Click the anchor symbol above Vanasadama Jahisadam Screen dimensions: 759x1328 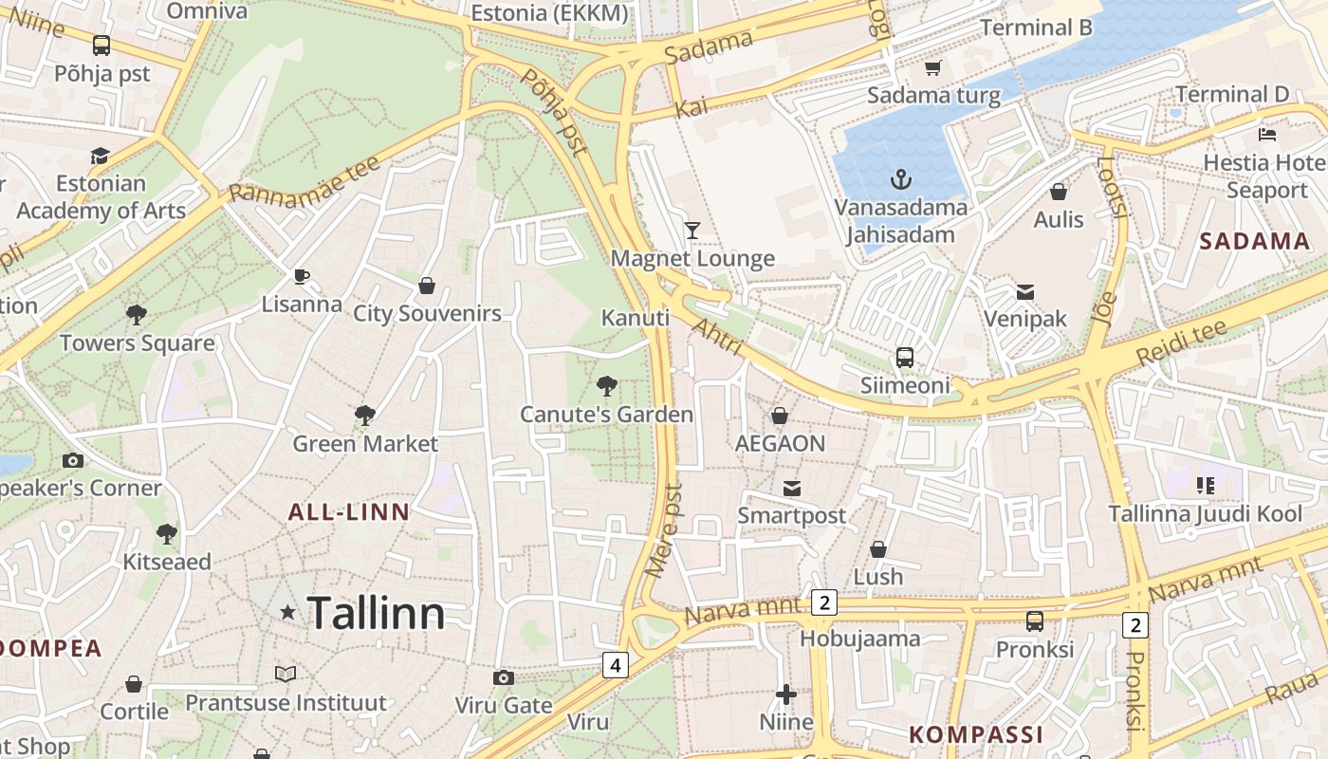(x=900, y=178)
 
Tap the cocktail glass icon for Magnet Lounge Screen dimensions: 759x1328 (x=692, y=230)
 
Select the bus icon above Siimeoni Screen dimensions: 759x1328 (x=905, y=358)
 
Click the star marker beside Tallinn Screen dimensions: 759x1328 (x=288, y=613)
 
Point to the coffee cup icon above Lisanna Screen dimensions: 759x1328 (x=302, y=276)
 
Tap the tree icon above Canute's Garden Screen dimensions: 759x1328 (x=606, y=386)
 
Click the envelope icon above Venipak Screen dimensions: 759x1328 (x=1025, y=291)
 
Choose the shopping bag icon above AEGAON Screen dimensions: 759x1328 (x=780, y=416)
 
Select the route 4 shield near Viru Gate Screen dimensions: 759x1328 (x=615, y=665)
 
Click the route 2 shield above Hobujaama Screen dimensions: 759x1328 (x=823, y=602)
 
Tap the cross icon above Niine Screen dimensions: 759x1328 (x=785, y=695)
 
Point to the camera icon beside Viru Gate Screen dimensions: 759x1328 (x=504, y=677)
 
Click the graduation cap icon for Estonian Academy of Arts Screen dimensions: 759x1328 (x=101, y=156)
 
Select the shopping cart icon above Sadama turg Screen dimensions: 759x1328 (x=933, y=67)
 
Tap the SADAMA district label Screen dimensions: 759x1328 (x=1254, y=241)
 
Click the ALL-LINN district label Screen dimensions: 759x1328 (x=348, y=512)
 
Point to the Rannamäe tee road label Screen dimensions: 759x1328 (x=304, y=179)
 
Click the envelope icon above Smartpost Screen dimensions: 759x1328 (x=792, y=488)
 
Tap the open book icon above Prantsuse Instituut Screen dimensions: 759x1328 (x=286, y=674)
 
